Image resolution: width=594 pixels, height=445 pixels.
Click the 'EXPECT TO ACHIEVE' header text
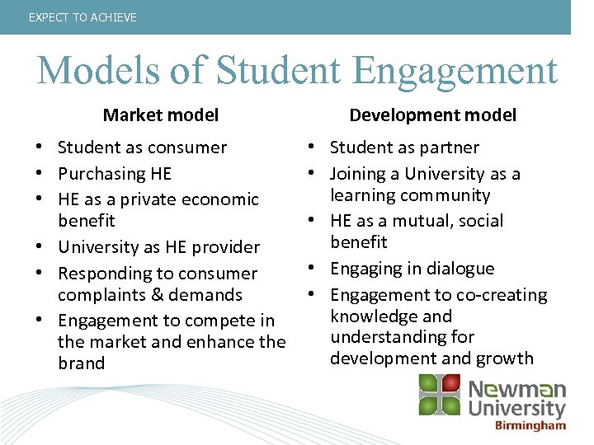[82, 17]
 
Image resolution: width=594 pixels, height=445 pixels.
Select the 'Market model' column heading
[161, 115]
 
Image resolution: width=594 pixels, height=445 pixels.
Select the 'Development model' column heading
[433, 115]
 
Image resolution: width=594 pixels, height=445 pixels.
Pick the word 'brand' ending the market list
[82, 363]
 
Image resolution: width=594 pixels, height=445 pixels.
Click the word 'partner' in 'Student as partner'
[448, 148]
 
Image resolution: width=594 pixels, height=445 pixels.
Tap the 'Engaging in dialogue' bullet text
[412, 269]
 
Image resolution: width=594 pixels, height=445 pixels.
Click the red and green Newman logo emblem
[439, 394]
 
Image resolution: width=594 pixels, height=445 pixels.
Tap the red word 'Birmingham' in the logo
[530, 425]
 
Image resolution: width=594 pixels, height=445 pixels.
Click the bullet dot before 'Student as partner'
[318, 148]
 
